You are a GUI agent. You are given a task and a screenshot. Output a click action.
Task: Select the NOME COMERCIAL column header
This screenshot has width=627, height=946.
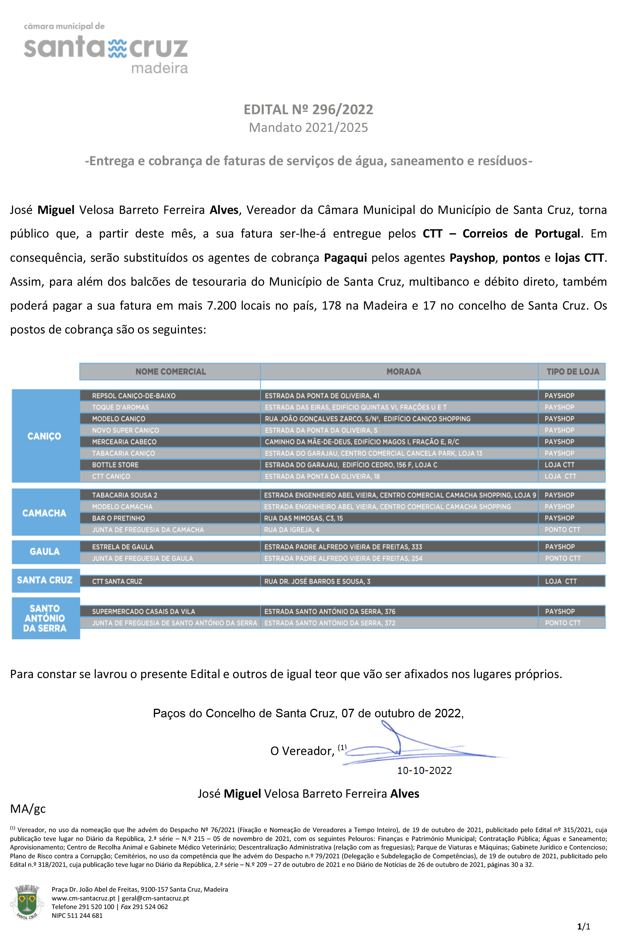(x=170, y=372)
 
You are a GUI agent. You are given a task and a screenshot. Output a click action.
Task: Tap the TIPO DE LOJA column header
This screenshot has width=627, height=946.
(x=573, y=372)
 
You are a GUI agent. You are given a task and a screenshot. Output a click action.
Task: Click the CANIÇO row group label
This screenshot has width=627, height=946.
(x=44, y=436)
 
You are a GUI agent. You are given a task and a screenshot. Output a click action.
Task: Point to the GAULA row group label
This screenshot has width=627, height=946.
(x=45, y=552)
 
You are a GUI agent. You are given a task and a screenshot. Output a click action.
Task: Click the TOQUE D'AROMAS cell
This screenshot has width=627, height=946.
(x=121, y=407)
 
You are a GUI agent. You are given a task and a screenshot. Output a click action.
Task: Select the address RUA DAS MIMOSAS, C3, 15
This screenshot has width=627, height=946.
(x=303, y=518)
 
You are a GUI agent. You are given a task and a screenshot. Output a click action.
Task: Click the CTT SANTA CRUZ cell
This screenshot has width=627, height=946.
(x=117, y=581)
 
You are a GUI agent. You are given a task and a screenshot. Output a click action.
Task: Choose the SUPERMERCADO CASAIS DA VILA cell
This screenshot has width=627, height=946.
(x=144, y=611)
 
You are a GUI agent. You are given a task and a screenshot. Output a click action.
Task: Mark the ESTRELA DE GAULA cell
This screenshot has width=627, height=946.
(x=122, y=547)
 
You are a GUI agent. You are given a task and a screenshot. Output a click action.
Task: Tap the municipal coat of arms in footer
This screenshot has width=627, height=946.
(x=26, y=902)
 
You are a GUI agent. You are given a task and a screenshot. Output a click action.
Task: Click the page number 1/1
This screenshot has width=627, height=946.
(x=583, y=926)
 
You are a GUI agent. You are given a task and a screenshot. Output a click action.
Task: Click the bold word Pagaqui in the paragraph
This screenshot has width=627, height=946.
(x=345, y=258)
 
